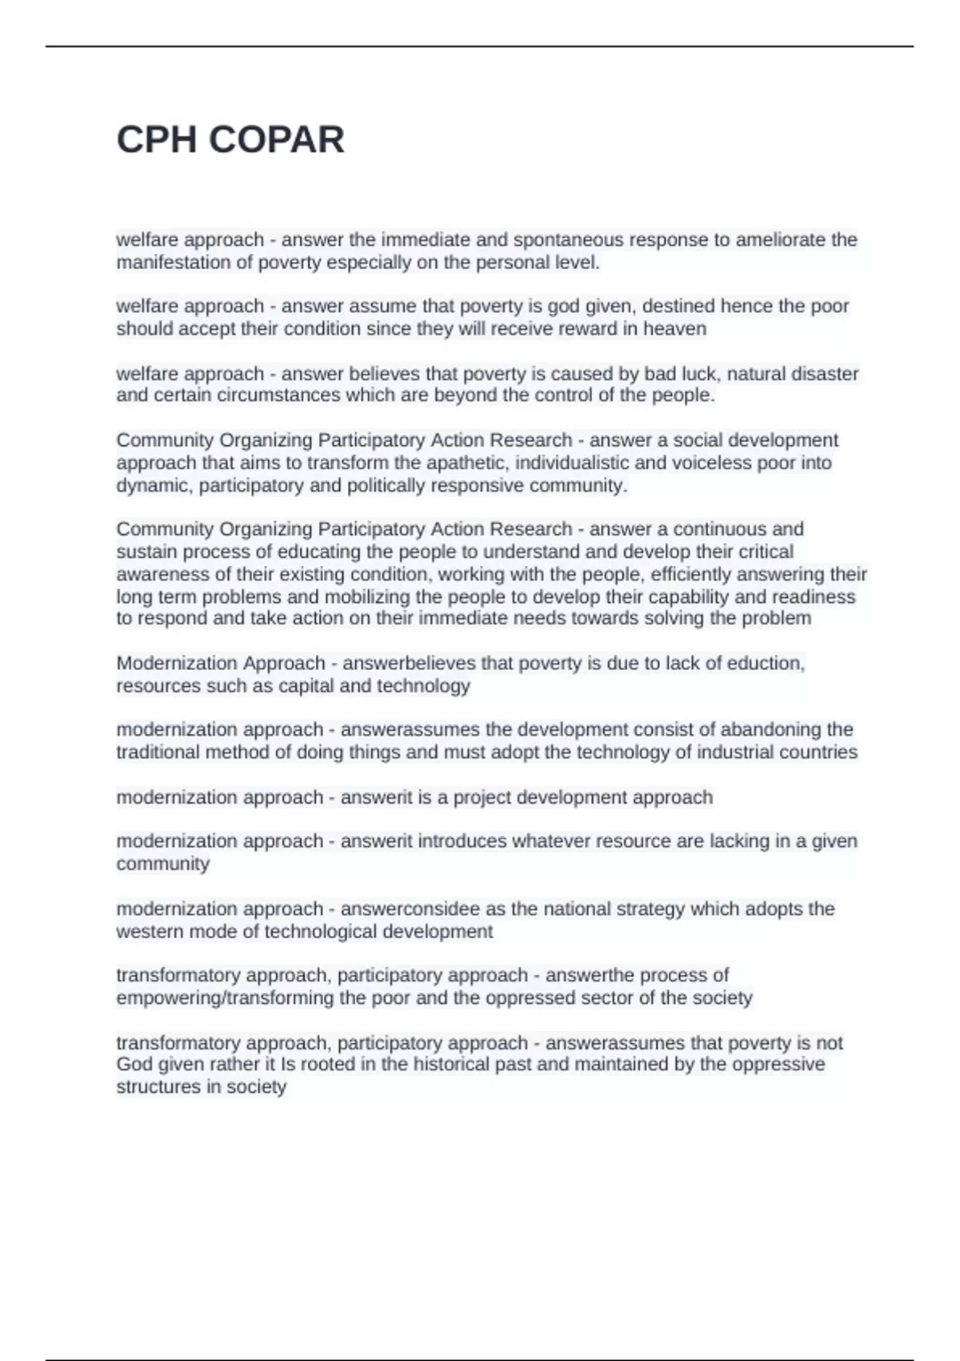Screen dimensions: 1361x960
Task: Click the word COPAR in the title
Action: point(276,140)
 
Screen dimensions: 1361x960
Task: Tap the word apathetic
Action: point(466,463)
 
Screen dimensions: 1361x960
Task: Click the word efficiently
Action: point(690,574)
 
